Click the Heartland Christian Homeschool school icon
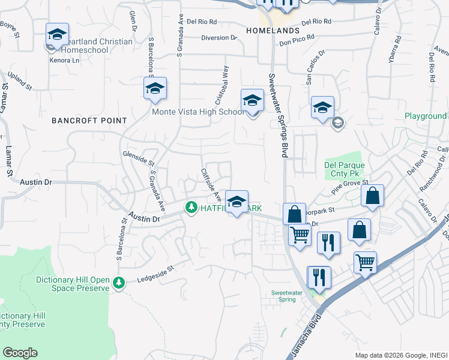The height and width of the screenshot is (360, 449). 57,35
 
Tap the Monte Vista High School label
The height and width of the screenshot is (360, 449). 197,112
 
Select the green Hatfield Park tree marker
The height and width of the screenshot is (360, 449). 192,208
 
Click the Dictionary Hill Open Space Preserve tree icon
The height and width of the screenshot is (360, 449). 119,282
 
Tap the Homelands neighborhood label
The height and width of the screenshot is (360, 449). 273,30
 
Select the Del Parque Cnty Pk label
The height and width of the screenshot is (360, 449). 345,170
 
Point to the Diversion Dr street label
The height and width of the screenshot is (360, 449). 218,38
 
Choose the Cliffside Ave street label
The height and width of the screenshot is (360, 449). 211,184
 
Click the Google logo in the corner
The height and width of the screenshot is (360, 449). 20,353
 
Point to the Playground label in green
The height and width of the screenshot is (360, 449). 426,116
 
